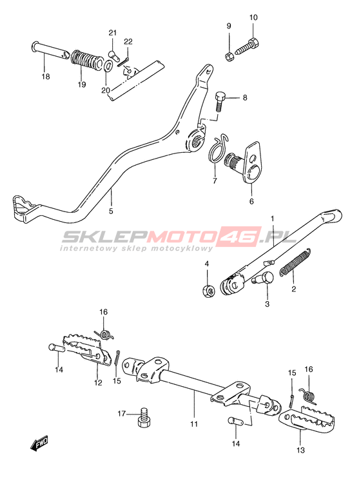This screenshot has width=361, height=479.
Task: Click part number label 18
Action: coord(46,76)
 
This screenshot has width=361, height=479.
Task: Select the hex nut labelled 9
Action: coord(229,57)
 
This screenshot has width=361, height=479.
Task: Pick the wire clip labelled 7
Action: coord(218,146)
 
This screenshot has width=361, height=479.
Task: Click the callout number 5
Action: coord(111,211)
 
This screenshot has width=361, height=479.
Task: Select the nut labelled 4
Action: coord(209,290)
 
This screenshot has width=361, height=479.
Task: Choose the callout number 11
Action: coord(194,424)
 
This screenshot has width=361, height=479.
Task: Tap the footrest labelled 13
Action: coord(306,418)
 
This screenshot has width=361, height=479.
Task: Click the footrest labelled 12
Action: coord(86,351)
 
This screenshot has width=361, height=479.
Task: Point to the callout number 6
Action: coord(251,201)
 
